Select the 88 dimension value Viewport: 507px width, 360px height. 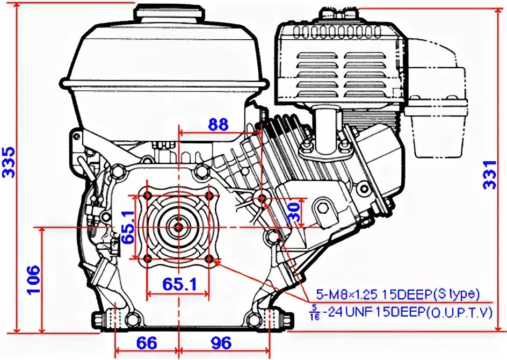218,125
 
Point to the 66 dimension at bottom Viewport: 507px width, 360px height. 147,343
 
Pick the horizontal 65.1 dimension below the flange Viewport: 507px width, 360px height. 178,284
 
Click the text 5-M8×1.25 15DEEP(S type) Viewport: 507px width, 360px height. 397,294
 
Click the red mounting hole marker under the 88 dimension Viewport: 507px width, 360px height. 262,199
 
